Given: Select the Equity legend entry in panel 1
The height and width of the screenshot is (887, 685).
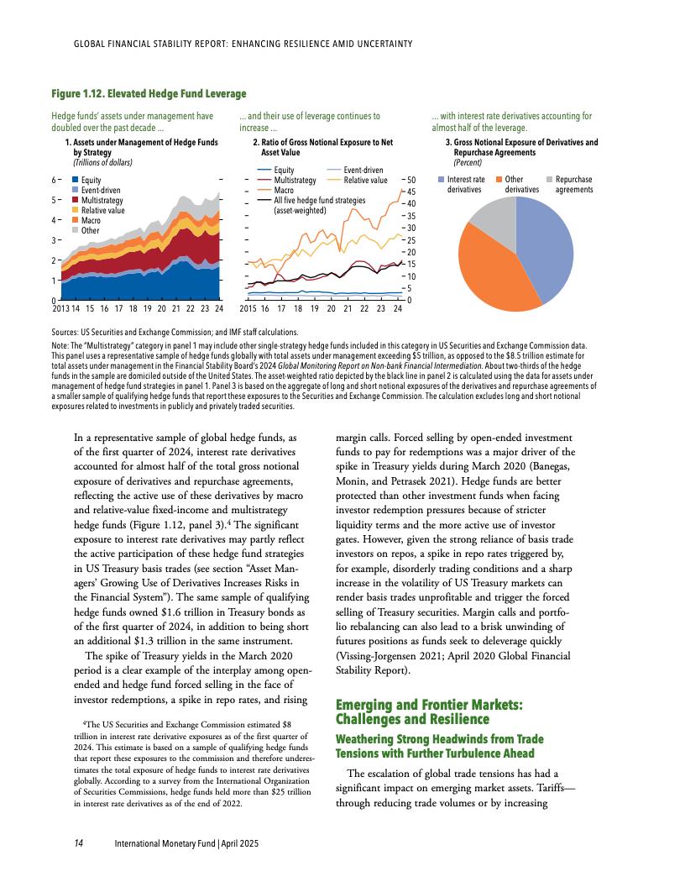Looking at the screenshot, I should point(91,181).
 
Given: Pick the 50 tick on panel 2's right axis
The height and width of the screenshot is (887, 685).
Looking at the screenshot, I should point(412,179).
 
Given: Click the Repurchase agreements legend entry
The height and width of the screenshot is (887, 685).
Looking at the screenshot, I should point(574,184).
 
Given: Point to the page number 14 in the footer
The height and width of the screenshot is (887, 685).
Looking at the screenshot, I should point(77,842).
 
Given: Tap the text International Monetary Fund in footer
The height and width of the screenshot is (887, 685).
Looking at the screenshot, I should point(165,842).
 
